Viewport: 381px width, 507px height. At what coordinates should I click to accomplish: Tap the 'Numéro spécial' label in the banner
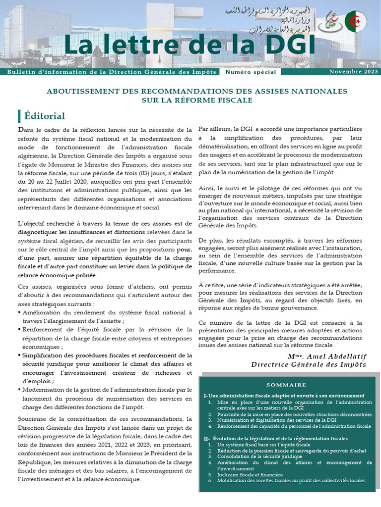(251, 72)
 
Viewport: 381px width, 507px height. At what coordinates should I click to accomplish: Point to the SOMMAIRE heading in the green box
(286, 385)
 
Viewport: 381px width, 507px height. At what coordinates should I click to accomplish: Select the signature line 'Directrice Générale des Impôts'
(308, 364)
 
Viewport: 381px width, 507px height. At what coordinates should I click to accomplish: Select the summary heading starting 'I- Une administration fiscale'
(284, 396)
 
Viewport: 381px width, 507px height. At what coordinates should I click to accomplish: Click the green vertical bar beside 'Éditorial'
(19, 116)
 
